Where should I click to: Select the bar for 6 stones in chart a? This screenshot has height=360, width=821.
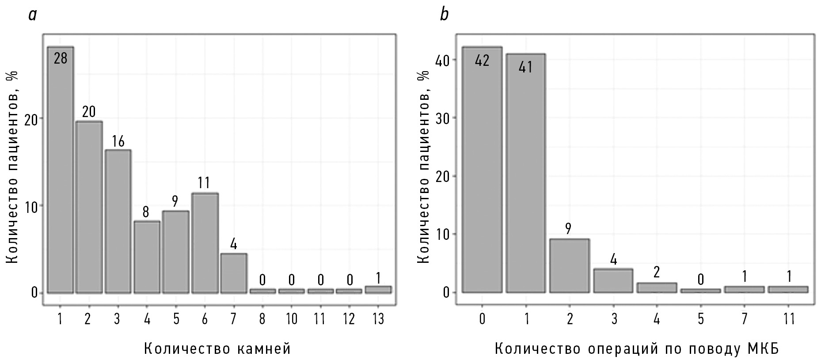204,243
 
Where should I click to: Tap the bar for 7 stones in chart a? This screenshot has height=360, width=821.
233,273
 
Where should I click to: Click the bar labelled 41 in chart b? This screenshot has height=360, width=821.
525,177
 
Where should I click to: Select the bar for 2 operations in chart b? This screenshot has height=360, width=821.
569,265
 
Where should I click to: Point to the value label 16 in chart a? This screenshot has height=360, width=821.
118,141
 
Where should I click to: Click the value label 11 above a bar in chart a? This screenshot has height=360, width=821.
204,183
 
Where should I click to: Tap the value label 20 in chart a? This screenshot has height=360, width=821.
89,112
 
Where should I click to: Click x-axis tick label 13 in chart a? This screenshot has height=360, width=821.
378,319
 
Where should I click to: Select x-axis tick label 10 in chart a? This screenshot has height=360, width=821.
291,319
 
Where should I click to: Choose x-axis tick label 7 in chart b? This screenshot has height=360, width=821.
744,319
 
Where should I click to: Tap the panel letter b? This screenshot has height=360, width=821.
444,15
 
